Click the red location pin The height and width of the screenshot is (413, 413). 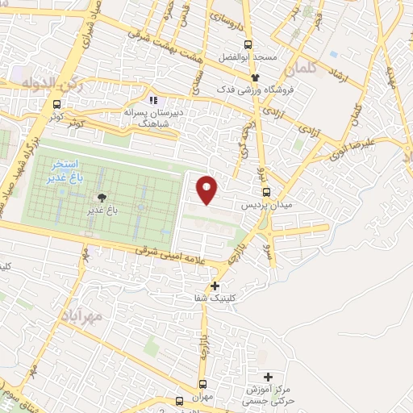[x=208, y=188]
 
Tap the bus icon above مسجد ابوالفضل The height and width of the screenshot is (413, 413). [x=249, y=44]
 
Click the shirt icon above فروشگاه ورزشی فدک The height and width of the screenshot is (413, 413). [x=255, y=75]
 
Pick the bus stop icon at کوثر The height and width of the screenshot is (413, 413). [x=56, y=104]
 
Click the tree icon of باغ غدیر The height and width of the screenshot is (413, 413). [x=101, y=198]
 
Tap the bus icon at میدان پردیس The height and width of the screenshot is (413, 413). [x=267, y=192]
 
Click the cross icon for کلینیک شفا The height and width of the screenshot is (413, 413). [x=215, y=285]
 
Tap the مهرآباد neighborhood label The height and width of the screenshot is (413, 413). [x=83, y=318]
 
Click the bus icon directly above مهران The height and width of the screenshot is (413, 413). [x=202, y=385]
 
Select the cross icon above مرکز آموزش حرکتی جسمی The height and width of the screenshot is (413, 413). [x=269, y=377]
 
